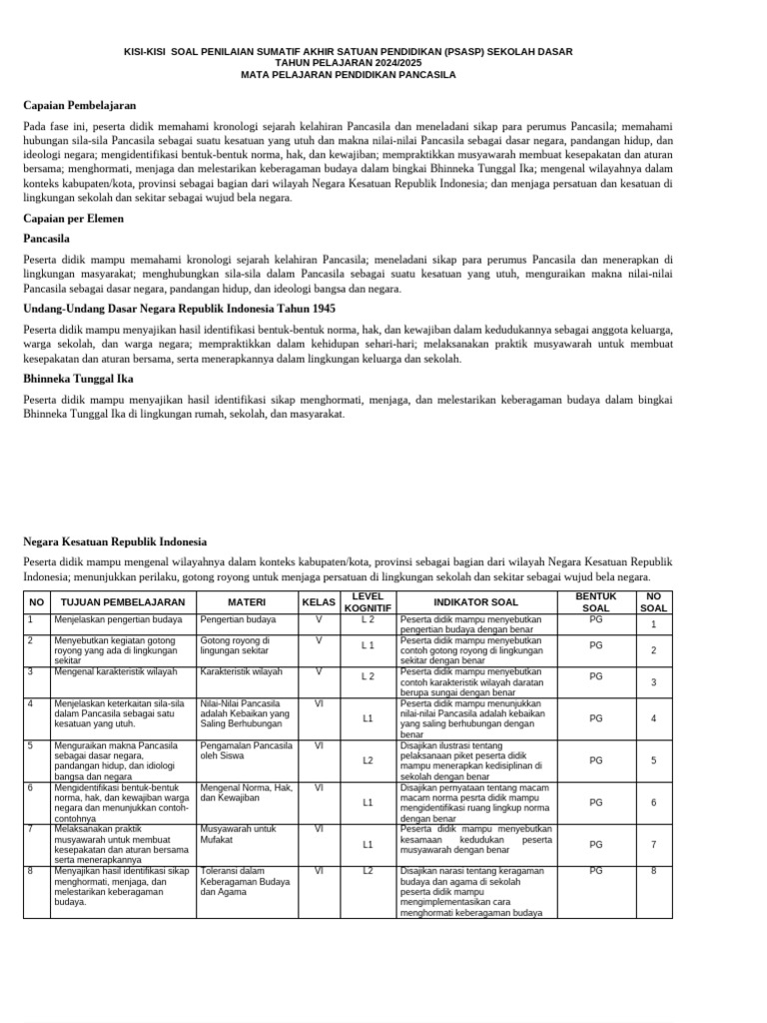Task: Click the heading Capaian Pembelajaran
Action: (x=79, y=105)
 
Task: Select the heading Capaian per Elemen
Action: (x=75, y=217)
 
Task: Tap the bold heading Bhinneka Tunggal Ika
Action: (x=78, y=380)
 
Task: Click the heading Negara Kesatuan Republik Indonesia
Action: (x=115, y=542)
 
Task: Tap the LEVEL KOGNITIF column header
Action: (x=367, y=602)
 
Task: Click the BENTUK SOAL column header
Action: (x=595, y=602)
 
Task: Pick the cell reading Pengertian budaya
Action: (x=238, y=620)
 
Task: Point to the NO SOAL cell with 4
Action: (x=653, y=718)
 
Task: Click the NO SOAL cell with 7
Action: (x=653, y=844)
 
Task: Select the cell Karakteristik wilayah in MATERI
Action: (x=241, y=672)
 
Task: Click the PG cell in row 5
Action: (x=596, y=760)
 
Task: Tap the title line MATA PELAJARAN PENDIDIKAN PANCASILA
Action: (x=348, y=74)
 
